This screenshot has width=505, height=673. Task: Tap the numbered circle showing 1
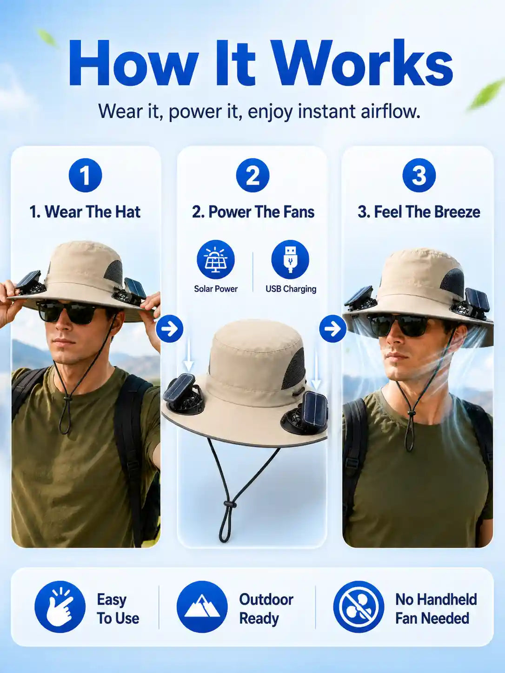pos(85,175)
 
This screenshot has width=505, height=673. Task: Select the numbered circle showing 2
pos(252,175)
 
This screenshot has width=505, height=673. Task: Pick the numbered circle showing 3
pos(419,175)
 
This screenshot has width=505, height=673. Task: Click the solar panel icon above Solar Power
pos(216,259)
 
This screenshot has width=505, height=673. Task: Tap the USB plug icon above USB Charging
pos(290,259)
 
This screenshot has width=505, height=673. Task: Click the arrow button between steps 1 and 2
pos(170,329)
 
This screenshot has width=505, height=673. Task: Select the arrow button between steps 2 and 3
pos(333,329)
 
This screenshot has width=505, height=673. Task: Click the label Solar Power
pos(216,289)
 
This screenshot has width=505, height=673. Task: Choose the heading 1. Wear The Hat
pos(85,212)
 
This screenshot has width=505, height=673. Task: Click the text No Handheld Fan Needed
pos(436,609)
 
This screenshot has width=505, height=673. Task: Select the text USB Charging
pos(291,289)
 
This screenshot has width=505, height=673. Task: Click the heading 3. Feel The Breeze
pos(419,212)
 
